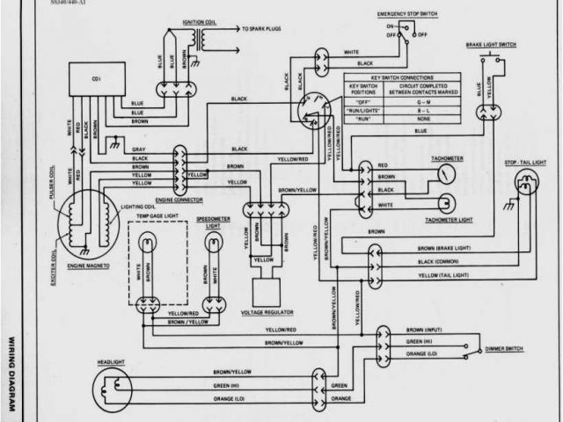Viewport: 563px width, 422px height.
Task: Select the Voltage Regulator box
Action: click(263, 294)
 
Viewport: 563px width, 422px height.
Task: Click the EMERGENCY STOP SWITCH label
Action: click(404, 16)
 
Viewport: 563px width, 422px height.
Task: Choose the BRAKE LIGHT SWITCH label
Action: click(492, 44)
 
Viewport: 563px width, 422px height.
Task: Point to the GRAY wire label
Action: click(139, 149)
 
